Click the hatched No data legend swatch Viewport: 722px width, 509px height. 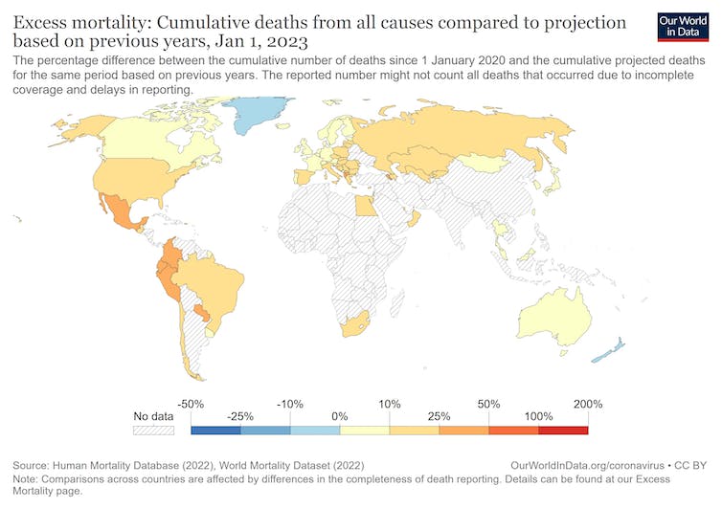click(x=153, y=431)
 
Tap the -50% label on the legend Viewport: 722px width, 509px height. click(x=192, y=404)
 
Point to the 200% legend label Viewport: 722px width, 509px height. click(x=588, y=404)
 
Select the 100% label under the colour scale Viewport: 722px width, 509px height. click(x=539, y=418)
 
